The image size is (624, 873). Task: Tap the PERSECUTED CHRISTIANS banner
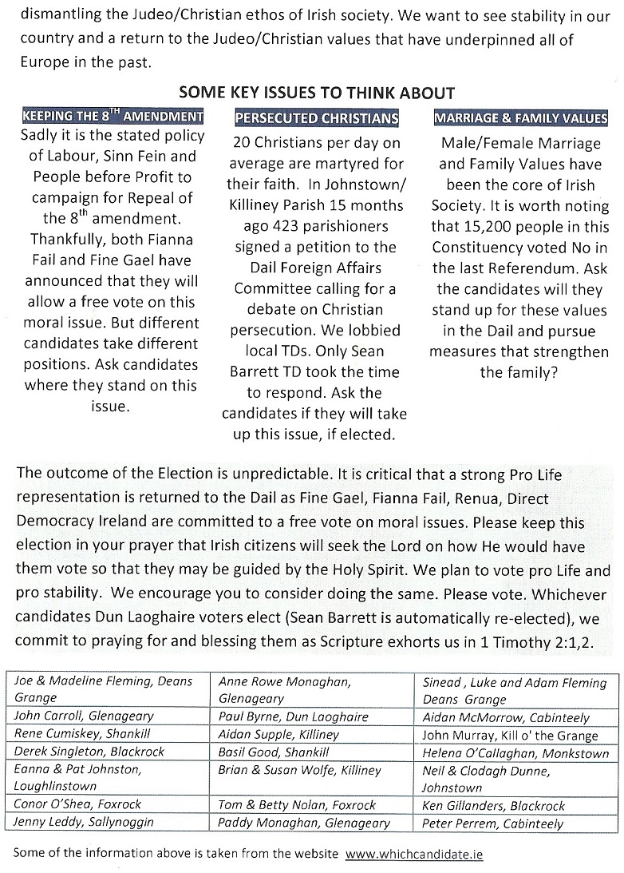point(317,119)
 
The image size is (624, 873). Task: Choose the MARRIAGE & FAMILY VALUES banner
point(519,119)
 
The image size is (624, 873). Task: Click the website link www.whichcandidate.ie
point(413,853)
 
